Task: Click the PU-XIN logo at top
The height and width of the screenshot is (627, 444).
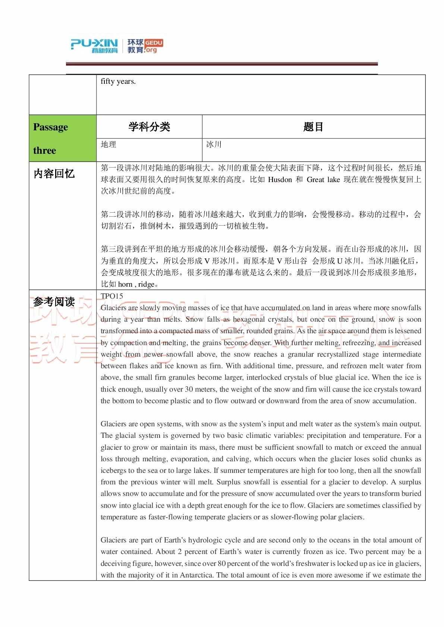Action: pos(94,46)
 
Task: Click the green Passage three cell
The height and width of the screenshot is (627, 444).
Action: pos(62,138)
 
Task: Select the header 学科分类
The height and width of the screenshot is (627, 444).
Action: pos(149,127)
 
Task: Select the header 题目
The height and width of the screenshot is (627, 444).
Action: pos(313,127)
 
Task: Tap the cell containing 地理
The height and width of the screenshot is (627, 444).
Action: pos(108,144)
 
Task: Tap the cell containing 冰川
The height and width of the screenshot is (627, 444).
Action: pos(214,144)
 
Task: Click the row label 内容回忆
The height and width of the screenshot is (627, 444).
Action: pos(54,174)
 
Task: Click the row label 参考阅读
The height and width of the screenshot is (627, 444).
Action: pos(54,302)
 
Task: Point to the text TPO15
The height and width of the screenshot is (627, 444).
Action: pos(112,296)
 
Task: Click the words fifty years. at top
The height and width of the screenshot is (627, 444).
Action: pos(118,82)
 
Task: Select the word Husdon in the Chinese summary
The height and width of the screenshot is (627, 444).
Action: pos(280,180)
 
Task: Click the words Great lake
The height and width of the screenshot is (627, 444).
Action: pos(323,180)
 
